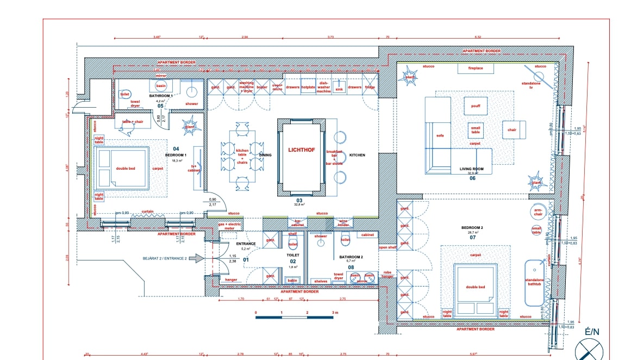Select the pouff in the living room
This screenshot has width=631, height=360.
click(476, 105)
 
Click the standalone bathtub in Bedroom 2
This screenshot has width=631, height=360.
click(534, 283)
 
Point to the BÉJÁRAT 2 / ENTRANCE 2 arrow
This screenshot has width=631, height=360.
click(199, 259)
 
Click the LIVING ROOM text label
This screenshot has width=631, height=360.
click(471, 170)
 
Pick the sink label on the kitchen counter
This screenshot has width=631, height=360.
click(339, 88)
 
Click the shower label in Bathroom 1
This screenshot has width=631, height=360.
click(191, 103)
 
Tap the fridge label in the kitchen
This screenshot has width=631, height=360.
click(370, 87)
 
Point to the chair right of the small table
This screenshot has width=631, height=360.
click(513, 130)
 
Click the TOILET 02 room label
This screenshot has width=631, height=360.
click(293, 254)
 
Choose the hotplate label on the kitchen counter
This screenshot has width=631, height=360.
click(309, 88)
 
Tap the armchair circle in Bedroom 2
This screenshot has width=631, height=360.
click(538, 212)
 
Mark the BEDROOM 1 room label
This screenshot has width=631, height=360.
click(176, 154)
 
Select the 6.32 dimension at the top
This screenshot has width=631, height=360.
click(478, 36)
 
